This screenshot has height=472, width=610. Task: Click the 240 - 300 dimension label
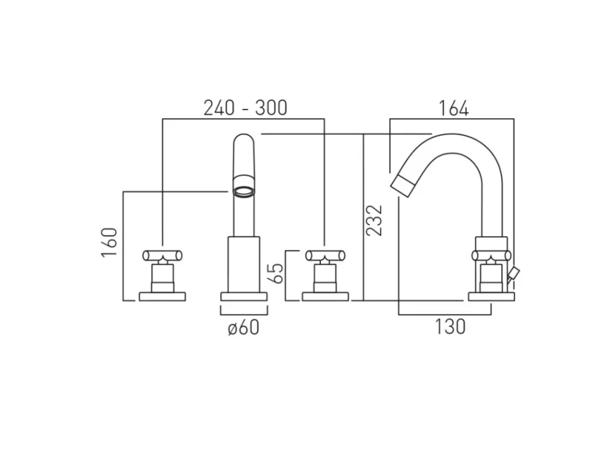click(x=245, y=108)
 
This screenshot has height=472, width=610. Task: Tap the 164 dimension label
click(x=454, y=109)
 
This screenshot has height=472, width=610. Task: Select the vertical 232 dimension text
click(x=374, y=220)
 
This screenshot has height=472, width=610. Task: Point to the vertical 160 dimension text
click(x=109, y=243)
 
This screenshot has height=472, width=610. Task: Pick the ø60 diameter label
click(x=243, y=328)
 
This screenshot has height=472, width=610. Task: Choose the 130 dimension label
click(x=450, y=326)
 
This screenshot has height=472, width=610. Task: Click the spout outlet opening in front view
click(x=244, y=192)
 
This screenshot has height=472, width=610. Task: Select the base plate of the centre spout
click(x=243, y=296)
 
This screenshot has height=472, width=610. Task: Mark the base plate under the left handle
click(x=163, y=295)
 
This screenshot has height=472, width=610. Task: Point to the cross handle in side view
click(x=491, y=255)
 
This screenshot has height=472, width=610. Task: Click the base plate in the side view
click(x=491, y=295)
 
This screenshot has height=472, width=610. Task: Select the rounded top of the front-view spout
click(x=244, y=142)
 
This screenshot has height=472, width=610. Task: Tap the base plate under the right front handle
click(x=324, y=295)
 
